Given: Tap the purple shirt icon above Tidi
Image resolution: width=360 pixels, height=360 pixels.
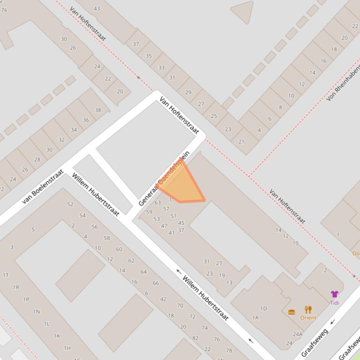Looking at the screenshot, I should [x=334, y=294].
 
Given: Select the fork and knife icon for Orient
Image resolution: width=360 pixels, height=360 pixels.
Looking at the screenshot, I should [x=308, y=310].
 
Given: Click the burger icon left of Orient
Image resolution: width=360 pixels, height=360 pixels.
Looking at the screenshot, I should [x=292, y=312].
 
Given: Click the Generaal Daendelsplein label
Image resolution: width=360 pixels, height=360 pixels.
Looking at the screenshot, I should [x=164, y=179].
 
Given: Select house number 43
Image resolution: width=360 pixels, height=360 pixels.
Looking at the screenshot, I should [x=97, y=8].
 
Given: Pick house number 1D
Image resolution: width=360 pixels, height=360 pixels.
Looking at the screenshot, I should [x=264, y=308].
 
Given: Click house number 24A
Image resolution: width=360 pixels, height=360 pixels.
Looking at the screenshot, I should [x=297, y=334].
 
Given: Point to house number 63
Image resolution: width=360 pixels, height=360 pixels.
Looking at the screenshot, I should [x=158, y=202].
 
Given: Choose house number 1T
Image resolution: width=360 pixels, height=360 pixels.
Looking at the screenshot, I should [x=6, y=275].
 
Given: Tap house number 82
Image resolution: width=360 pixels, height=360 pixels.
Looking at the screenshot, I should [x=195, y=338].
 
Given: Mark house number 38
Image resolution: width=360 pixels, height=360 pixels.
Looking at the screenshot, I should [x=98, y=110].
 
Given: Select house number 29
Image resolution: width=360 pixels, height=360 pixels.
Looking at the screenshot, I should [x=188, y=92].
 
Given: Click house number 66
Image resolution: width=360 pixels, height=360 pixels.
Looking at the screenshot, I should [x=156, y=283].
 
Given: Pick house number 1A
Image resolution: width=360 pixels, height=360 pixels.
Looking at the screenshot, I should [x=255, y=317].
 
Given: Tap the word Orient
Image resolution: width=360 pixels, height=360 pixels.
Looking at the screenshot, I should [x=308, y=318].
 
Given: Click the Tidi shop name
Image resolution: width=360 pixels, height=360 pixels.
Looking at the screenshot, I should [x=334, y=303].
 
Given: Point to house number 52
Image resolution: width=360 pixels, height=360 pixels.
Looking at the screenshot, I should [x=70, y=204].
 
